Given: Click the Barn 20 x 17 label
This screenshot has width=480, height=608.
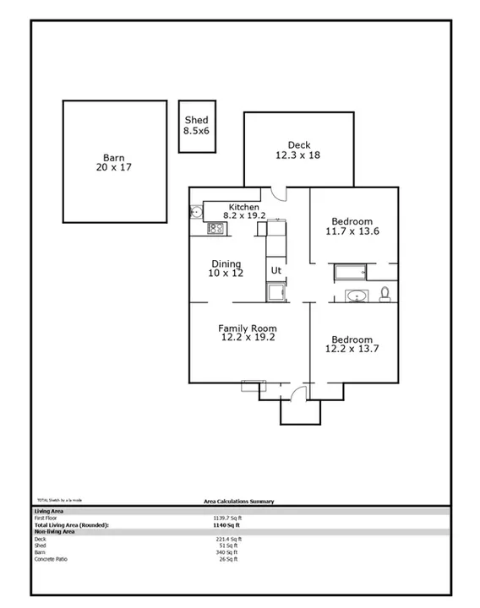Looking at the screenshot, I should [x=114, y=162].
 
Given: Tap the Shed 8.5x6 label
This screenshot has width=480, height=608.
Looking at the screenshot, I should [x=197, y=126].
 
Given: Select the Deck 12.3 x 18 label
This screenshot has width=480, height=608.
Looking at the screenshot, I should [x=297, y=150].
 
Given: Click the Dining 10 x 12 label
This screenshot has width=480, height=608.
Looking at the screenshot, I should [x=226, y=269].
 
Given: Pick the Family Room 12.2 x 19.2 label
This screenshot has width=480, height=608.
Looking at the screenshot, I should [x=248, y=333].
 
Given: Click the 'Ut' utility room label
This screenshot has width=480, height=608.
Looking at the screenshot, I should [x=275, y=271].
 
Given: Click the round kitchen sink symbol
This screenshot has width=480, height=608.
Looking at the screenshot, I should [x=195, y=212].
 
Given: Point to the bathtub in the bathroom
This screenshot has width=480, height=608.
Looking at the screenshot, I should [x=348, y=273].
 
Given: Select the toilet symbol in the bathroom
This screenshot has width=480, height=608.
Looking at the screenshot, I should [x=385, y=294].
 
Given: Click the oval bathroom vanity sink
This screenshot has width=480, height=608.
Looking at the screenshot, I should [x=357, y=296].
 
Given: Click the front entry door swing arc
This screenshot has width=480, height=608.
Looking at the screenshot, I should [x=295, y=393].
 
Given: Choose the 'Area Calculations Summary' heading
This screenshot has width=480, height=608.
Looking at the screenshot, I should [x=239, y=502].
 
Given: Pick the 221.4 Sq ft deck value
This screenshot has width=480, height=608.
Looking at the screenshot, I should [x=228, y=538].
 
